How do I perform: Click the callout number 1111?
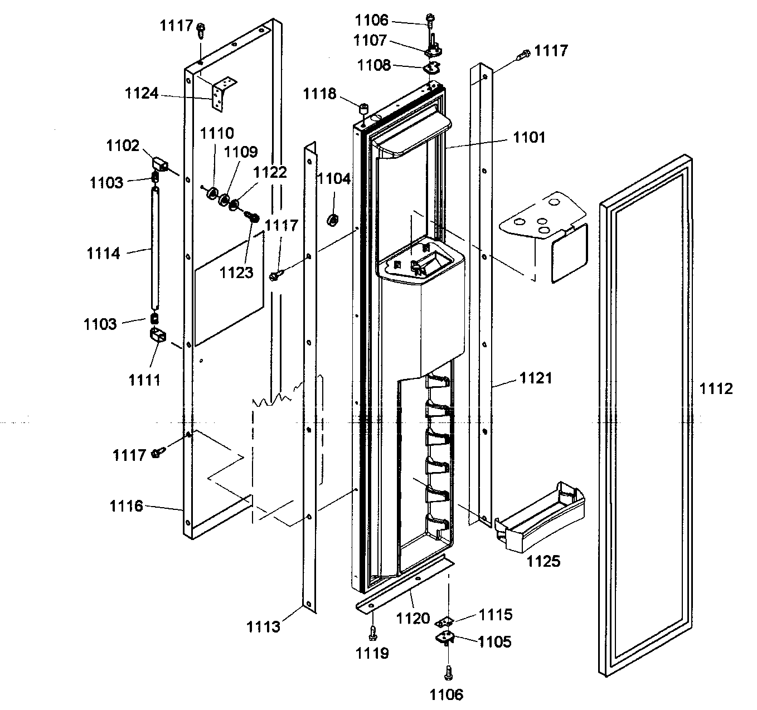[144, 380]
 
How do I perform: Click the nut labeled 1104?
[332, 220]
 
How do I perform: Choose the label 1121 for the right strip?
[536, 378]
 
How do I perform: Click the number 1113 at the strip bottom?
[264, 627]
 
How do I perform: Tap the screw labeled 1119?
[373, 632]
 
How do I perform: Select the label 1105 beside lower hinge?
[494, 641]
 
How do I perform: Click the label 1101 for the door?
[529, 137]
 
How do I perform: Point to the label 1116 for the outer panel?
[126, 506]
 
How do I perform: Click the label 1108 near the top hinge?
[374, 65]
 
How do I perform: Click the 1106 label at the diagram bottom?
[447, 694]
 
